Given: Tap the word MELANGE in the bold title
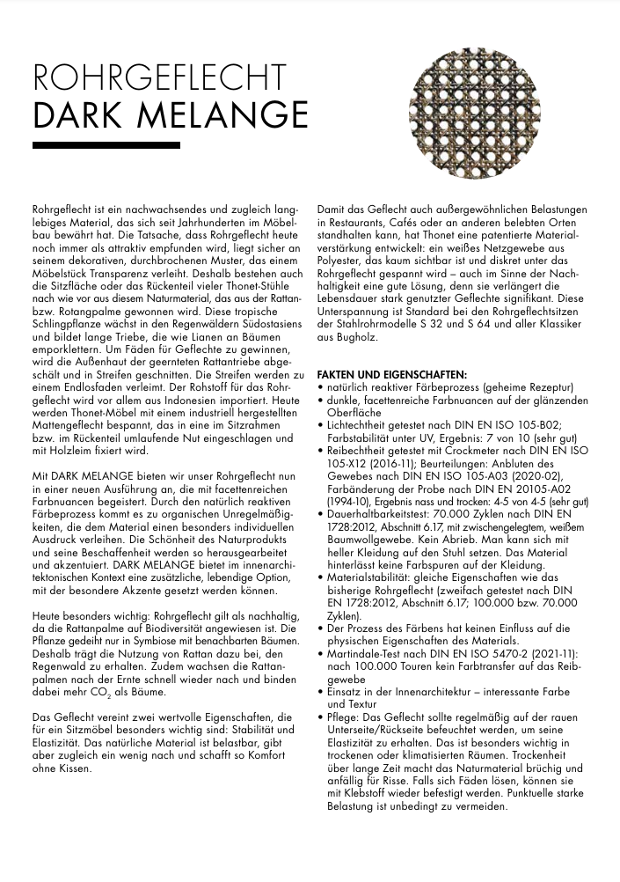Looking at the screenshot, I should pos(237,115).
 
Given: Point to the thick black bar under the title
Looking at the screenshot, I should pos(106,144).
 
